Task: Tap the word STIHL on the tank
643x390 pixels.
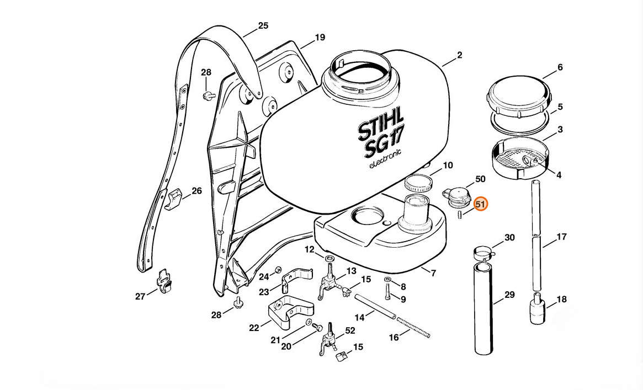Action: click(381, 126)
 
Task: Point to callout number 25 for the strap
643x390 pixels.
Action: click(263, 26)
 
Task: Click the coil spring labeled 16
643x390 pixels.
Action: click(413, 328)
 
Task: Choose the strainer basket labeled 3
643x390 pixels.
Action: click(518, 157)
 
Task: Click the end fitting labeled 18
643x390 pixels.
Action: click(537, 311)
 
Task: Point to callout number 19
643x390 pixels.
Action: click(320, 38)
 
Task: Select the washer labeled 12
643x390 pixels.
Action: click(330, 259)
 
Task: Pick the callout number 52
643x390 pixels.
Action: click(350, 330)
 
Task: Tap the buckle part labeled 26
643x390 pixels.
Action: click(175, 197)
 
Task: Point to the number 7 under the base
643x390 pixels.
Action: click(433, 273)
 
